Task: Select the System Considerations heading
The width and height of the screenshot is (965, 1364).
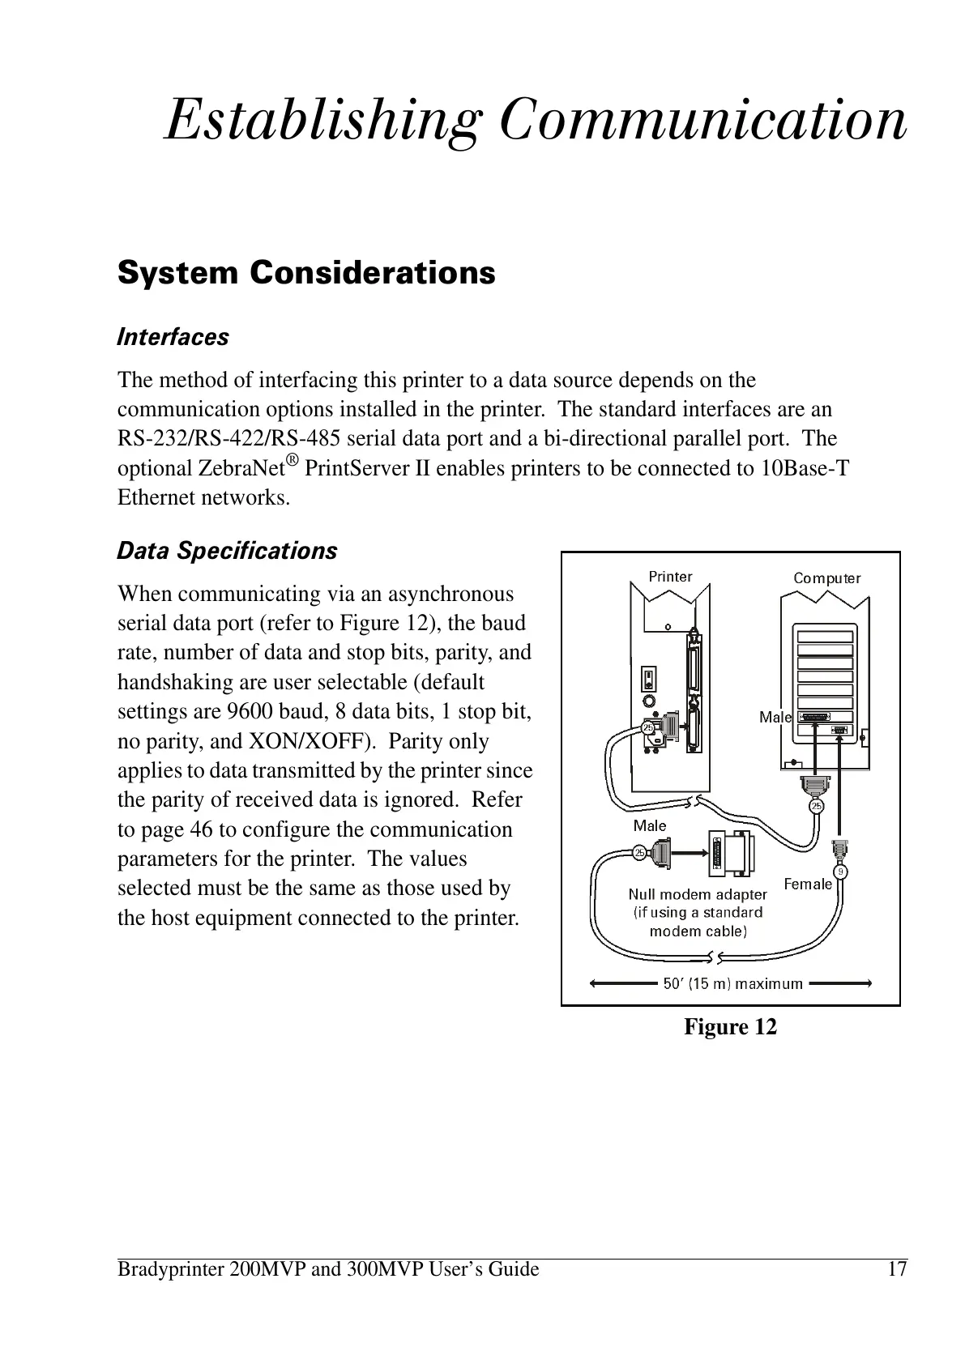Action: click(x=306, y=273)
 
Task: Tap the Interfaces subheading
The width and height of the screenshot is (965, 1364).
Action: click(x=173, y=337)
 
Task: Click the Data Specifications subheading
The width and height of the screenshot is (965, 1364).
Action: click(x=227, y=551)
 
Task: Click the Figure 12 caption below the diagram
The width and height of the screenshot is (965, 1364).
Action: click(x=730, y=1027)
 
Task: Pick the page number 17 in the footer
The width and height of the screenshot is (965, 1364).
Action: click(x=896, y=1269)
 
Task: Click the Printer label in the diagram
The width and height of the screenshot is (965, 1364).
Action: click(x=670, y=577)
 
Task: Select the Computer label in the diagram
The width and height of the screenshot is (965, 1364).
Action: click(x=826, y=578)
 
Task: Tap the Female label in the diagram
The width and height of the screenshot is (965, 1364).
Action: click(x=808, y=884)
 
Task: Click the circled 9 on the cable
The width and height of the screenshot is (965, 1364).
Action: click(x=842, y=872)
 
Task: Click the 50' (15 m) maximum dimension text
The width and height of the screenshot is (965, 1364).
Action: click(x=732, y=984)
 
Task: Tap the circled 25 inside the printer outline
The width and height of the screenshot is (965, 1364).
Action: click(x=648, y=727)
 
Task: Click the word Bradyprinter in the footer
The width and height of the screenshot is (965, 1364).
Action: click(x=169, y=1269)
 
